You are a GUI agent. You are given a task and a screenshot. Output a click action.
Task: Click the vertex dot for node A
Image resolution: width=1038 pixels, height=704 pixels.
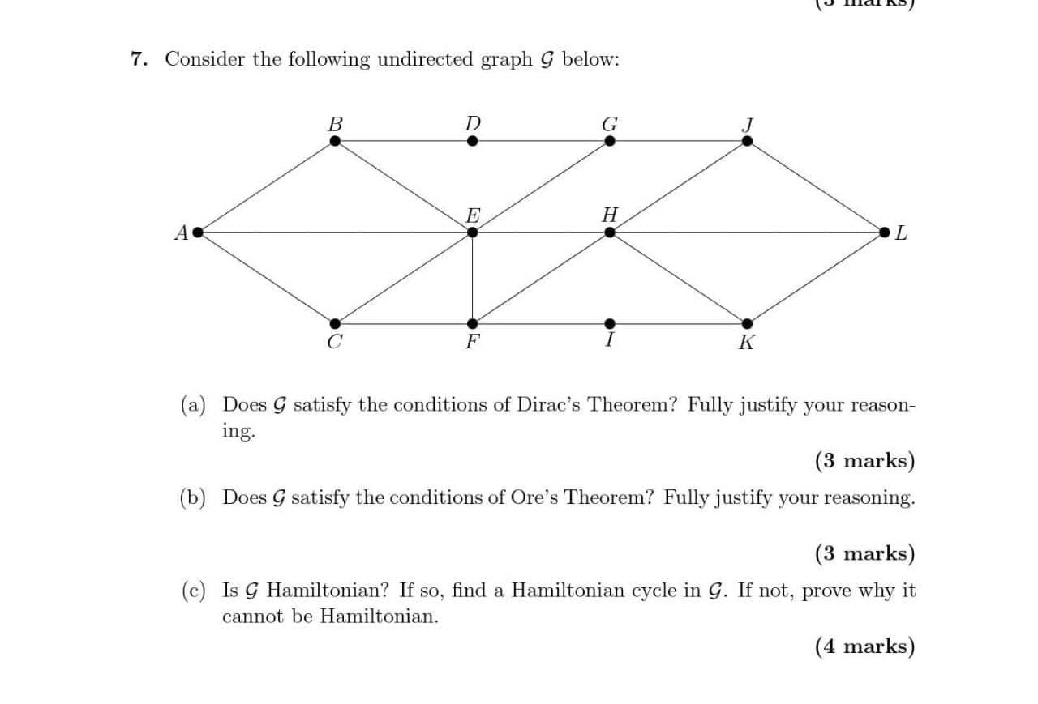point(196,233)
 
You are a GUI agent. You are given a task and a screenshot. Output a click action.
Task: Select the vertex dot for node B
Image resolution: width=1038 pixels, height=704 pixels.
point(335,141)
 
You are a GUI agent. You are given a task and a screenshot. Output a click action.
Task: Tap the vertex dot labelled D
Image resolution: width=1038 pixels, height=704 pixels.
point(472,141)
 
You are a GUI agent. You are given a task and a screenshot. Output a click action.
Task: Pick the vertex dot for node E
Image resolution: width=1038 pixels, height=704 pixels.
point(472,233)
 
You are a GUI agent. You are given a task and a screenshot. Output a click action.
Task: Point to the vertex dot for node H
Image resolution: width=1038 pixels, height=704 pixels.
point(609,233)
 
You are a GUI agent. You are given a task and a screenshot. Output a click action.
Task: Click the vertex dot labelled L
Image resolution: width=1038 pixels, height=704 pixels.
point(885,233)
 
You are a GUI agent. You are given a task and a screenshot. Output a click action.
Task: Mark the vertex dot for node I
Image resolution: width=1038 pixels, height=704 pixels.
point(609,323)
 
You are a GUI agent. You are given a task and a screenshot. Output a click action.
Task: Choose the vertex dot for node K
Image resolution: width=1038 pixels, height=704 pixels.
point(747,323)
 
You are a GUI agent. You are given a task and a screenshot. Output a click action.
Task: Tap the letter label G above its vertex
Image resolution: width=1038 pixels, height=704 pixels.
point(609,124)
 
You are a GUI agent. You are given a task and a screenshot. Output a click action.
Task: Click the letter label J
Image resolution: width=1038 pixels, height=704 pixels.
point(748,125)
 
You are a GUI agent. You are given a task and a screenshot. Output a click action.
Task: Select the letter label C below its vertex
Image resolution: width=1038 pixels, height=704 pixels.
point(333,342)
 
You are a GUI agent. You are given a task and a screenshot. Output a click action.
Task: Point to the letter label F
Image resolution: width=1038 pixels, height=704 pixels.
point(471,342)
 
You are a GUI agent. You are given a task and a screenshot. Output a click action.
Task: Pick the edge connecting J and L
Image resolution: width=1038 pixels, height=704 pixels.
point(816,186)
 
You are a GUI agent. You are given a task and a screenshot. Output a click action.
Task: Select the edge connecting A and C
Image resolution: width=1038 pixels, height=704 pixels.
point(265,278)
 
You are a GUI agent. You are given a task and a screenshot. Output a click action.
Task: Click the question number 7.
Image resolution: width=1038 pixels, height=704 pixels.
point(138,59)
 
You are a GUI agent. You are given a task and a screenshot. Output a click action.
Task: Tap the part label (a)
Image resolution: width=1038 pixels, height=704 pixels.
point(193,404)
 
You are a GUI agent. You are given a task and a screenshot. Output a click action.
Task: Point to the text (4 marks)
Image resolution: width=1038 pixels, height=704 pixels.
point(864,646)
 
